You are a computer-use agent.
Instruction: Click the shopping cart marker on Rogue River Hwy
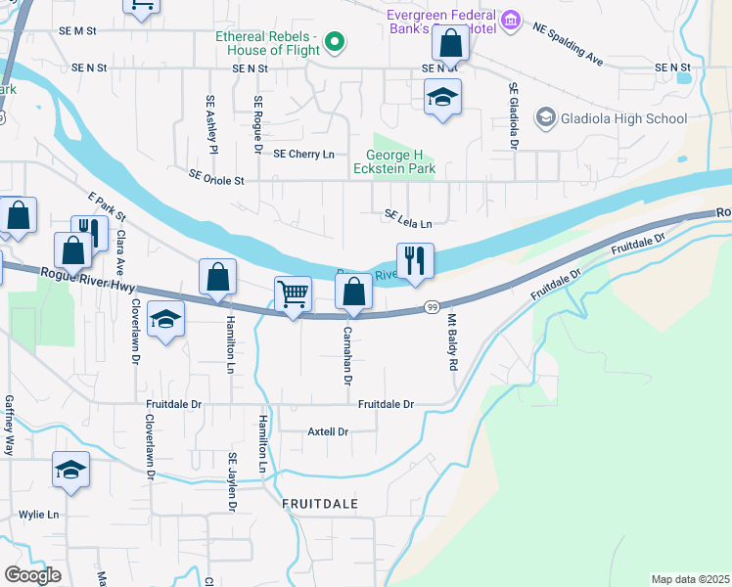coord(294,293)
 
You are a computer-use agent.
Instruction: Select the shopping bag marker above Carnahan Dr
coord(353,292)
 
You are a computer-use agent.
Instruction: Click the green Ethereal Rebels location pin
coord(335,41)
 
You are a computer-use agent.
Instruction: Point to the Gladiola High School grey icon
coord(545,118)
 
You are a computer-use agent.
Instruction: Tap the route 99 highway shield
coord(431,307)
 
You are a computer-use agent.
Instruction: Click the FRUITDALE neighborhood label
coord(320,503)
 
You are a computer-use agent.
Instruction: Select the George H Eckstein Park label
coord(399,161)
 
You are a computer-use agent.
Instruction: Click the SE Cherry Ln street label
coord(303,155)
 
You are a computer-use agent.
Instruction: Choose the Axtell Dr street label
coord(328,431)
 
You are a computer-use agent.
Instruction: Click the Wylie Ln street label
coord(39,514)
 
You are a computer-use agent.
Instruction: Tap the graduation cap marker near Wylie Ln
coord(70,471)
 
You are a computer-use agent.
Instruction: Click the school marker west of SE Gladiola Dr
coord(442,97)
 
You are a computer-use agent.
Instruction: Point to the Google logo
coord(32,575)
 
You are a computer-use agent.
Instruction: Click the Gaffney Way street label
coord(9,426)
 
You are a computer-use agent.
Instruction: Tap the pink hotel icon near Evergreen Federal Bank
coord(510,21)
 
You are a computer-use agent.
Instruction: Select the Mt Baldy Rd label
coord(452,342)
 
